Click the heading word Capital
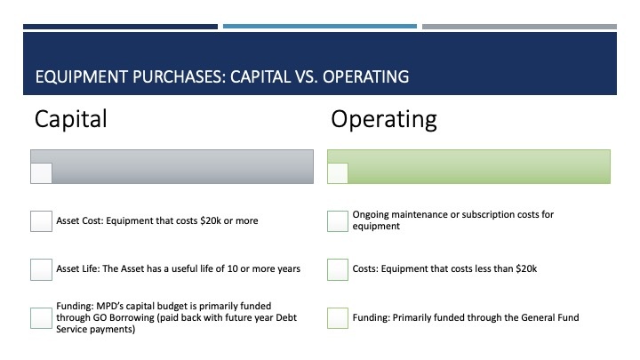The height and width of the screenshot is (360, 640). pyautogui.click(x=71, y=119)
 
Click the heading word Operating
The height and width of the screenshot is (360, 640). pyautogui.click(x=384, y=120)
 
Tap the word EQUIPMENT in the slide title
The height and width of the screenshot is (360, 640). pyautogui.click(x=81, y=76)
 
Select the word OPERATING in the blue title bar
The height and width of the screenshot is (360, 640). pyautogui.click(x=365, y=76)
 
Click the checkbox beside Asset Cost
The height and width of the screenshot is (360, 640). pyautogui.click(x=41, y=221)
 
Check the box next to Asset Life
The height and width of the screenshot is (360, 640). pyautogui.click(x=41, y=269)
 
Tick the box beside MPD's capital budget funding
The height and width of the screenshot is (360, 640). pyautogui.click(x=41, y=318)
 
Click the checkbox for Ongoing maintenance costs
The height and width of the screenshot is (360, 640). pyautogui.click(x=338, y=221)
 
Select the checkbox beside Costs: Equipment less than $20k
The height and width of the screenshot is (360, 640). pyautogui.click(x=338, y=269)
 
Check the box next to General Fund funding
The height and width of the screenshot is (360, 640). pyautogui.click(x=338, y=318)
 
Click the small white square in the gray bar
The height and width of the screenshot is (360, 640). pyautogui.click(x=41, y=173)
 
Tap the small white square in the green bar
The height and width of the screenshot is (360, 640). pyautogui.click(x=338, y=173)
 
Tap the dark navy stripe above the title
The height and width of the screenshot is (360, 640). pyautogui.click(x=120, y=27)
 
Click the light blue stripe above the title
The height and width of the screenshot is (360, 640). pyautogui.click(x=320, y=27)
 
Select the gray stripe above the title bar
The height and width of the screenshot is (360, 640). pyautogui.click(x=520, y=27)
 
